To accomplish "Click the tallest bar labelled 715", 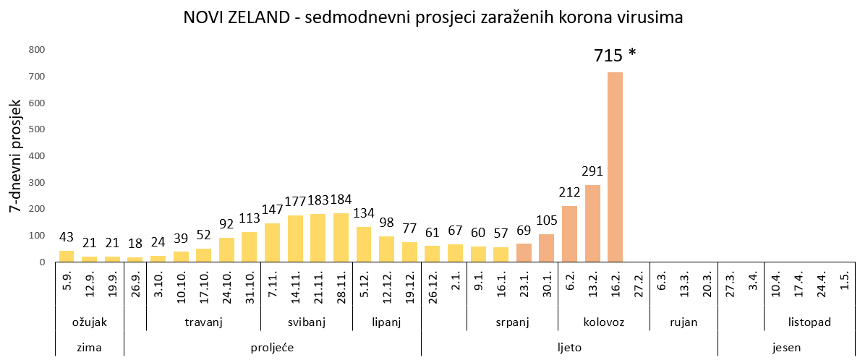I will tap(615, 167).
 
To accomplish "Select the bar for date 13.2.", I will tap(592, 223).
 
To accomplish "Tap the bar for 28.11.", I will tap(341, 237).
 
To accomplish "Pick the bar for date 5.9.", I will tap(67, 256).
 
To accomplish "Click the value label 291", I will tap(592, 172).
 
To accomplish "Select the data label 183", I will tap(318, 200).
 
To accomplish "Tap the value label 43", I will tap(67, 237).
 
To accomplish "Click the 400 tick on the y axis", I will tap(37, 156).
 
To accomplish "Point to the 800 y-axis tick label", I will tap(37, 50).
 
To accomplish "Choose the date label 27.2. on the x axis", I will tap(638, 287).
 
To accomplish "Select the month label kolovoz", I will tap(603, 322).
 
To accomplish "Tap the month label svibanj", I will tap(306, 322).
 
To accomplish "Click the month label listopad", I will tap(809, 322).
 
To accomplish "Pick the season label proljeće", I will tap(272, 347).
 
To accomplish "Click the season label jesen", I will tap(786, 347).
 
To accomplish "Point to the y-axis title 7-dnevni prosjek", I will tap(15, 156).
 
